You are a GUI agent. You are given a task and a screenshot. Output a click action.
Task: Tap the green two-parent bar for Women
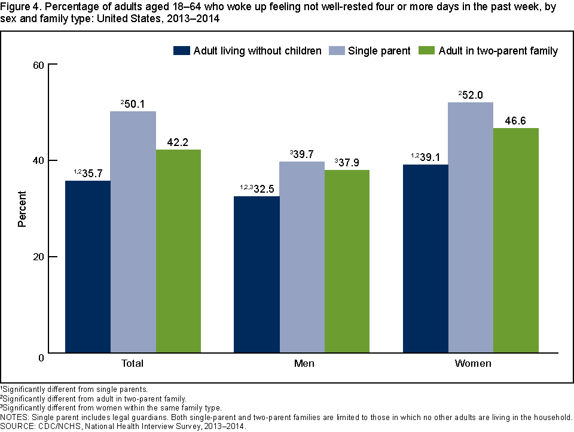point(516,240)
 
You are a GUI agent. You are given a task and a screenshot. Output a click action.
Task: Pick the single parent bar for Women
point(471,227)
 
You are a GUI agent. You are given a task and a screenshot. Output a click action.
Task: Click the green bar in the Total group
point(179,251)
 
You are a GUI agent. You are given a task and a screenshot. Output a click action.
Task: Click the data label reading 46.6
point(516,120)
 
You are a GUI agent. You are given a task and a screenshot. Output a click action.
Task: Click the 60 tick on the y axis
point(40,64)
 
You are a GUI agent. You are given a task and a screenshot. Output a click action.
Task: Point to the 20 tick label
point(40,257)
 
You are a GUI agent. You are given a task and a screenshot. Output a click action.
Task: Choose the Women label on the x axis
point(473,363)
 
